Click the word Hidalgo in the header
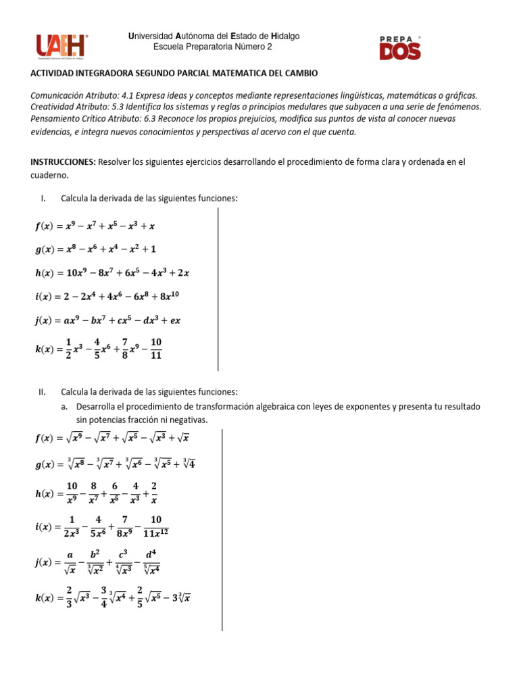pos(286,36)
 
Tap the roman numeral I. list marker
pos(43,198)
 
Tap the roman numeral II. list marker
pos(41,392)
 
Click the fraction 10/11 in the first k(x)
pos(156,349)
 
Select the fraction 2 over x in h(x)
pos(153,493)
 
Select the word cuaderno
pos(49,174)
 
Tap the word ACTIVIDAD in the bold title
pos(53,73)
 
